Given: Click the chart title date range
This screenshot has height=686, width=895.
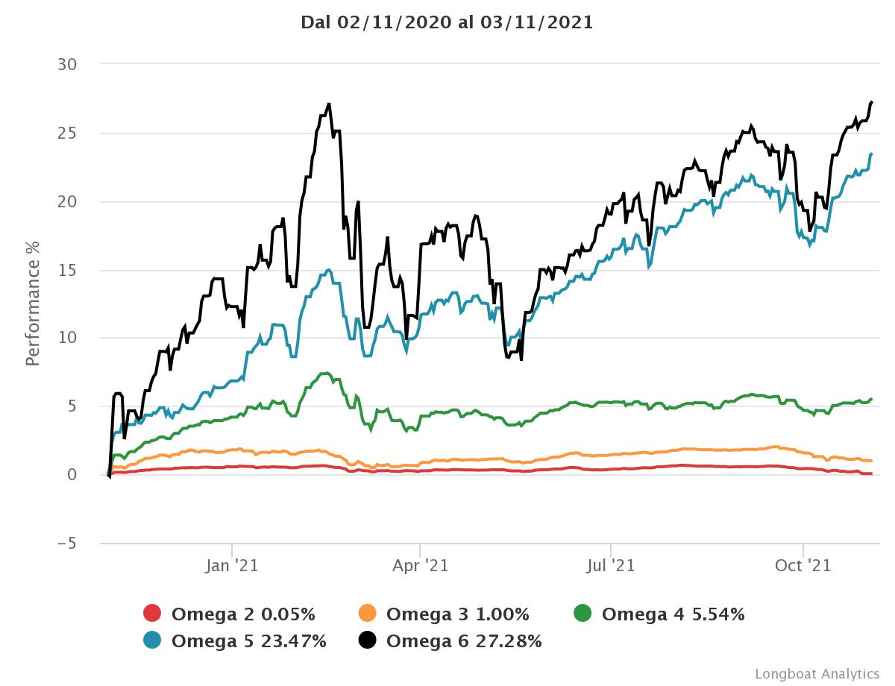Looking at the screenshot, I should [447, 22].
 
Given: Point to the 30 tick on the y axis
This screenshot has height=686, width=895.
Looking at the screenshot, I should [67, 65].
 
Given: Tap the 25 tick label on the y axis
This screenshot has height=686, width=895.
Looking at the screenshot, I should [67, 133].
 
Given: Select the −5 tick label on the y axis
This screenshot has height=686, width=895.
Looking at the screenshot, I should [66, 544].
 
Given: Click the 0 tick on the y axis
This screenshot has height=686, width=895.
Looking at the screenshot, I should [72, 475].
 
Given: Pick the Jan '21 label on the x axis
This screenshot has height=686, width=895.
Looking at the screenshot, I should [232, 566].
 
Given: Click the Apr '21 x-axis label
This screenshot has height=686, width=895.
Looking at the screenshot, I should [420, 566].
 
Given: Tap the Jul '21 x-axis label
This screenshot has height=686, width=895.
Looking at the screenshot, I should [611, 566].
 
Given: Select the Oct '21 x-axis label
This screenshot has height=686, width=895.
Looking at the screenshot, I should [803, 566].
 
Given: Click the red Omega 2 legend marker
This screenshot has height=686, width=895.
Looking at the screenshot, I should [152, 614].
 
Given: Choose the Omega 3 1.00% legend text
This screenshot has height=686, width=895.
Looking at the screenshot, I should [457, 614].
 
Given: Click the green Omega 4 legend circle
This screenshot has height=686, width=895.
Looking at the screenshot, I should [582, 614].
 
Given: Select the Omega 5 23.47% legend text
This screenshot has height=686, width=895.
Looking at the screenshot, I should [248, 641].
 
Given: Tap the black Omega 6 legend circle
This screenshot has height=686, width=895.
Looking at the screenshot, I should [368, 640].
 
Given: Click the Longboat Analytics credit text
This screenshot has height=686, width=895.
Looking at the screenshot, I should [817, 673].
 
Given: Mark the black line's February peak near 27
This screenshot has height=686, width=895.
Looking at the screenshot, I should [329, 104].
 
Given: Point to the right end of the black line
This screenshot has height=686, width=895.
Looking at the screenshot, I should [872, 101].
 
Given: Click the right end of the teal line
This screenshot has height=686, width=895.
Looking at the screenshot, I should [872, 154].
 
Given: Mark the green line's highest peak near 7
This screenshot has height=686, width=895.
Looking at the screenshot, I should [325, 373].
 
